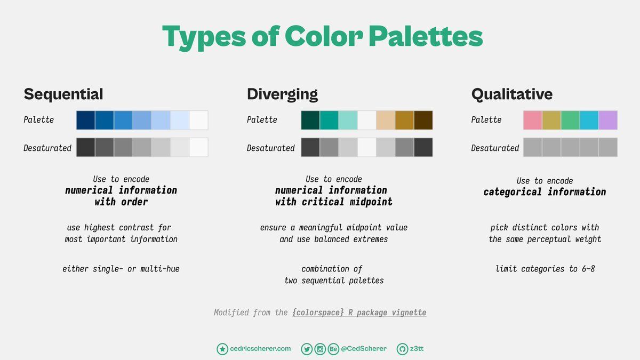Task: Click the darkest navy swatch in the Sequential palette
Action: (x=86, y=121)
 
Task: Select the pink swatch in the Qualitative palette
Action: (x=533, y=121)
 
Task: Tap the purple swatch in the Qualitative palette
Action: (x=608, y=121)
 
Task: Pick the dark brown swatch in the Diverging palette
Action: (x=423, y=121)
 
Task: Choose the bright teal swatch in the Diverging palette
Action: (x=329, y=121)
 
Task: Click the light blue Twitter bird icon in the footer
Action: (x=307, y=349)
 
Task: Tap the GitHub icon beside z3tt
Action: (x=402, y=349)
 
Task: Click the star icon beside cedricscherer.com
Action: (x=222, y=349)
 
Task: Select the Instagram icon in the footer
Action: (x=320, y=349)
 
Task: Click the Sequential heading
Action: (x=63, y=94)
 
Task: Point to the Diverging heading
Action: (x=282, y=94)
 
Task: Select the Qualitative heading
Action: (x=511, y=94)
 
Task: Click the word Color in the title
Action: (x=324, y=36)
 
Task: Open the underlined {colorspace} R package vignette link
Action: (x=359, y=313)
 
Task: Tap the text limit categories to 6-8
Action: (x=545, y=269)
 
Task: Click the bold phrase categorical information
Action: (x=545, y=191)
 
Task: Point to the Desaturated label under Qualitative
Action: (x=495, y=148)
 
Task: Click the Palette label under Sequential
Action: (x=38, y=119)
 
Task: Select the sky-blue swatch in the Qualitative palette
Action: (x=589, y=121)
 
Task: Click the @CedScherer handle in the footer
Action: (x=364, y=349)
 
